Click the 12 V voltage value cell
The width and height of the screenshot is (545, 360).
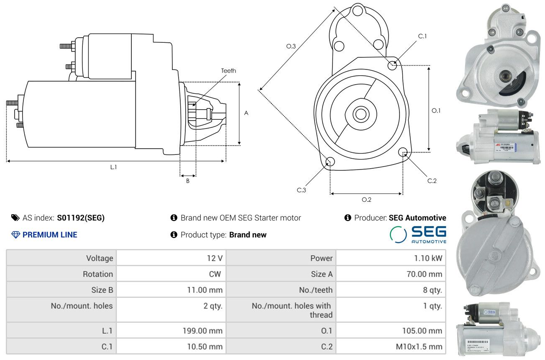pyautogui.click(x=215, y=258)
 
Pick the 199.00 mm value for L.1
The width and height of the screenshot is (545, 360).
pyautogui.click(x=202, y=330)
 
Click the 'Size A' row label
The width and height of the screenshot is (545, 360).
pyautogui.click(x=322, y=274)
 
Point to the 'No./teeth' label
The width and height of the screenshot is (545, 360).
pyautogui.click(x=316, y=290)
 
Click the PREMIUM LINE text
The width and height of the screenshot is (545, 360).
pyautogui.click(x=50, y=235)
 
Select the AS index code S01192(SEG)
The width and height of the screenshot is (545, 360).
pyautogui.click(x=81, y=218)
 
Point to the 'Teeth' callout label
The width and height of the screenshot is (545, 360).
pyautogui.click(x=228, y=71)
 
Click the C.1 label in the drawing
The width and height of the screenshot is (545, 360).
pyautogui.click(x=422, y=36)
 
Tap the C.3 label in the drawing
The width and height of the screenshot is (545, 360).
pyautogui.click(x=302, y=190)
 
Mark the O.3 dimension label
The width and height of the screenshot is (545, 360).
pyautogui.click(x=291, y=46)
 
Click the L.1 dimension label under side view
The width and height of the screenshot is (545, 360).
pyautogui.click(x=113, y=167)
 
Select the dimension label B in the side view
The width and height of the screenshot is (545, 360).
pyautogui.click(x=188, y=181)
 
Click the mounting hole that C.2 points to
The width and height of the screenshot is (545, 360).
pyautogui.click(x=403, y=152)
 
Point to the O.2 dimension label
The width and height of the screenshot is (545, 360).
pyautogui.click(x=366, y=200)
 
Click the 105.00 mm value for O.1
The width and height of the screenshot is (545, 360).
pyautogui.click(x=422, y=330)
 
